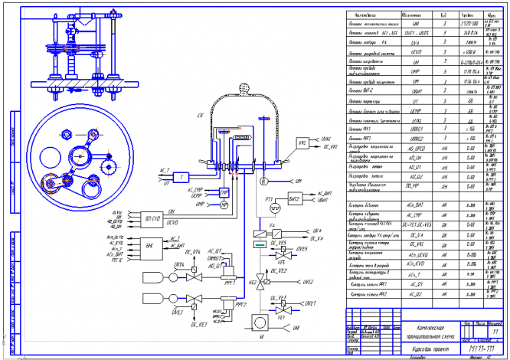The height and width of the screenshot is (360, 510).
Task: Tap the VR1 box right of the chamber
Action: [302, 143]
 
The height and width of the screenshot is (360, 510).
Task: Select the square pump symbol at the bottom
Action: [261, 317]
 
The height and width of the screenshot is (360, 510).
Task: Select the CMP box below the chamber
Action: [224, 191]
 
